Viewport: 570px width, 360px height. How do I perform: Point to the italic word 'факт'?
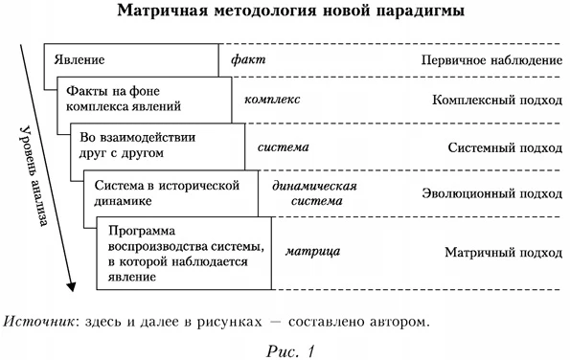pos(248,59)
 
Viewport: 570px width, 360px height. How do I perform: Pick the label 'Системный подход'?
pos(505,147)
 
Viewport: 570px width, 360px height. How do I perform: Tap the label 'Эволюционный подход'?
pos(491,193)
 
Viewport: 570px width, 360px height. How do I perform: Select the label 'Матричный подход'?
pos(503,253)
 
